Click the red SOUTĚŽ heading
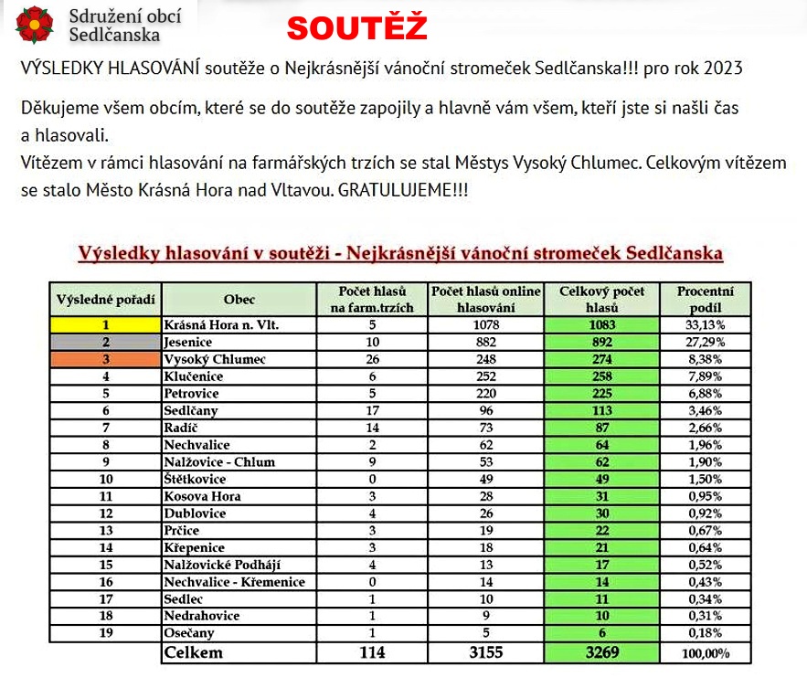[x=356, y=28]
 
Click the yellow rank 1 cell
[x=105, y=324]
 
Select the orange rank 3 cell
[x=105, y=359]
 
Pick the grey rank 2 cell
[x=105, y=342]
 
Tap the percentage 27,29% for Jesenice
[x=704, y=342]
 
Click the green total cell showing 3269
[x=601, y=653]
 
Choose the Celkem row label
[x=193, y=653]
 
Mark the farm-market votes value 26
[x=372, y=359]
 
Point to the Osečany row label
[x=190, y=633]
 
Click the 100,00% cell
[x=704, y=654]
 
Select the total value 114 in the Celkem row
[x=372, y=653]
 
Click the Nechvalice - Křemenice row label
[x=233, y=582]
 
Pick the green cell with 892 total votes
[x=601, y=342]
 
